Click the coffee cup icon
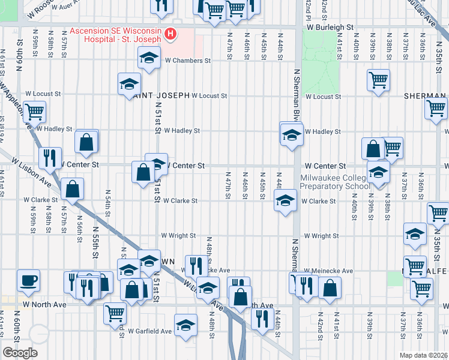pos(28,280)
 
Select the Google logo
pos(20,353)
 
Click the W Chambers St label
pos(187,61)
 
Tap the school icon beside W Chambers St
pos(148,59)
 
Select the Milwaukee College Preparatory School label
pos(336,182)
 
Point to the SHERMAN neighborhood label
pos(424,96)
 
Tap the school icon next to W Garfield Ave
pos(185,325)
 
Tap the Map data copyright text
pos(423,355)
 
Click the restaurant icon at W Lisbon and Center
pos(49,158)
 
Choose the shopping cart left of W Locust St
pos(35,110)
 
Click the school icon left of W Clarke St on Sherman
pos(285,200)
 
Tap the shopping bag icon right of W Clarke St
pos(72,188)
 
